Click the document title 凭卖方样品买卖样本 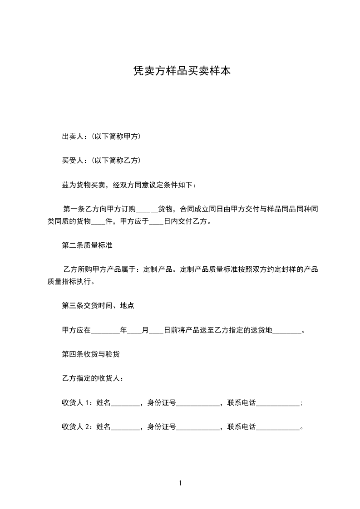(x=180, y=71)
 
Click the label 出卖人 (x=71, y=136)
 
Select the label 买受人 (x=71, y=160)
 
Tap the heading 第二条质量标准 (x=87, y=245)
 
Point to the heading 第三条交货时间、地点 (x=98, y=306)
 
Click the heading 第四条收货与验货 (x=91, y=354)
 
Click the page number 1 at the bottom (x=180, y=483)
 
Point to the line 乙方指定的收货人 (x=93, y=378)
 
